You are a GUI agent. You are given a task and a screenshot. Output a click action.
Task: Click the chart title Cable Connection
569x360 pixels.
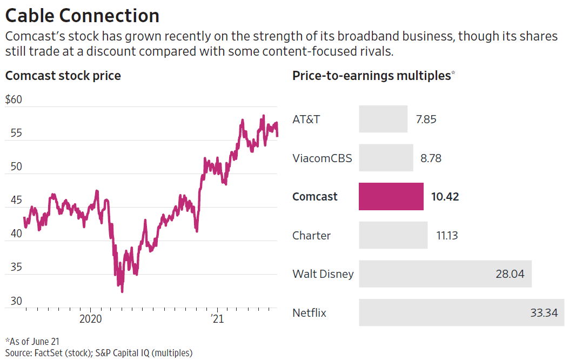(x=82, y=15)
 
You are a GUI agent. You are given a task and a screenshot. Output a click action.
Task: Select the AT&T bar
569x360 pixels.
(x=383, y=119)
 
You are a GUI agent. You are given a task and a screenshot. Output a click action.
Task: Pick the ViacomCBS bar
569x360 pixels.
(x=386, y=158)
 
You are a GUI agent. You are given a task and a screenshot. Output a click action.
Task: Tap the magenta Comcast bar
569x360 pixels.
(x=391, y=196)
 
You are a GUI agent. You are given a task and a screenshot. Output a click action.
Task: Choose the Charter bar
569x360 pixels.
(x=393, y=235)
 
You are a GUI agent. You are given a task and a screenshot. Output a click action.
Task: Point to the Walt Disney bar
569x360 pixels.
(x=445, y=274)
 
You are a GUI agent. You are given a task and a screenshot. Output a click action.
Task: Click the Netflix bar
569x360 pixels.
(x=461, y=312)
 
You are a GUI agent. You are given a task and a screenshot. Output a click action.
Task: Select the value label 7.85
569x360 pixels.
(x=426, y=119)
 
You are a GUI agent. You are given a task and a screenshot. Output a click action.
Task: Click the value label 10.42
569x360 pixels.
(x=445, y=197)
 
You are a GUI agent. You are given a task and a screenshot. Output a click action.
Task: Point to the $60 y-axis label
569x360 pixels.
(x=14, y=100)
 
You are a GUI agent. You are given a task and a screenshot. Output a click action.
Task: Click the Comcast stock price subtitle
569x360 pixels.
(x=63, y=76)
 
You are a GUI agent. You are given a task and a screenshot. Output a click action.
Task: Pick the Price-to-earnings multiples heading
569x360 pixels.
(x=372, y=76)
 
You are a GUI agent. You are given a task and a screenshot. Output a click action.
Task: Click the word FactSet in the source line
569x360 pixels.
(x=51, y=353)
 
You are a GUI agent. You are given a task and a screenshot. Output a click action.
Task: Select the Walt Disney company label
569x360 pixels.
(x=323, y=274)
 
